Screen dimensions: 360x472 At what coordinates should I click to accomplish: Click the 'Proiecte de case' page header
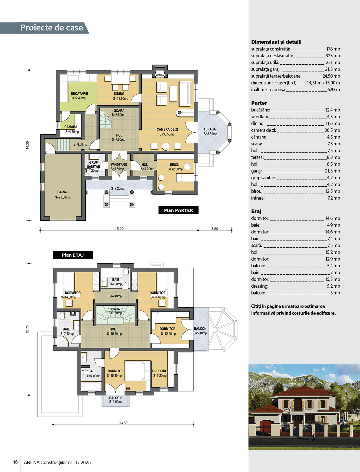(x=52, y=28)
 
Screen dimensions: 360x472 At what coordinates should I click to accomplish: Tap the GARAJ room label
(x=62, y=192)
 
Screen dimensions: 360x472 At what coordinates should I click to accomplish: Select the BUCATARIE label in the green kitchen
(x=79, y=93)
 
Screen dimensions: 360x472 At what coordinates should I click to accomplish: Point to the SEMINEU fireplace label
(x=160, y=75)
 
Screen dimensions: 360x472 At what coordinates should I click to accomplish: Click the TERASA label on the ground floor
(x=210, y=129)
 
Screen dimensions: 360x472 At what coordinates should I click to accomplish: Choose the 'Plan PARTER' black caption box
(x=178, y=210)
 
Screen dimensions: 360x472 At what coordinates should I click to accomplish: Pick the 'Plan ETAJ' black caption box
(x=73, y=255)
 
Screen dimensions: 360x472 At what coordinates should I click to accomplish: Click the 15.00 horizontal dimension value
(x=119, y=229)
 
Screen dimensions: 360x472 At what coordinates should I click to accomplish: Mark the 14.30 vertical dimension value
(x=27, y=145)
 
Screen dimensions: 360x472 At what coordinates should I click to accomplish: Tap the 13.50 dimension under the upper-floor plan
(x=123, y=423)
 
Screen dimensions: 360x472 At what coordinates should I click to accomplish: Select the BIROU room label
(x=175, y=165)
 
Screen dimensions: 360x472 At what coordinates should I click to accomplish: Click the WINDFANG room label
(x=119, y=165)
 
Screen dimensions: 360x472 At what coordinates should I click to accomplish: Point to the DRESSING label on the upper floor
(x=160, y=371)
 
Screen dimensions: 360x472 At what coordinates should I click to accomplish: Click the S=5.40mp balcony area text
(x=200, y=333)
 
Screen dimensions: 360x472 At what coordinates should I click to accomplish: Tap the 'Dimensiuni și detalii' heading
(x=276, y=42)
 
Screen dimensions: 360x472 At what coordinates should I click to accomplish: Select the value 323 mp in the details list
(x=333, y=56)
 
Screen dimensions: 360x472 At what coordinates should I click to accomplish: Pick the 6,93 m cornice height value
(x=333, y=89)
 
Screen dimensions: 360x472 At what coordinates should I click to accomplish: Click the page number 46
(x=15, y=462)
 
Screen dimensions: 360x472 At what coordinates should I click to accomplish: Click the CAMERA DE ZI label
(x=167, y=129)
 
